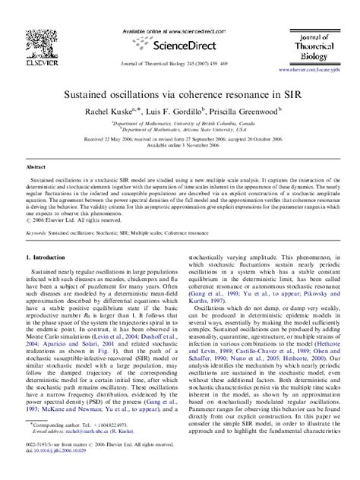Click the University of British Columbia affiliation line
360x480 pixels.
click(x=180, y=122)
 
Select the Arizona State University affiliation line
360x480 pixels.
click(x=180, y=129)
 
